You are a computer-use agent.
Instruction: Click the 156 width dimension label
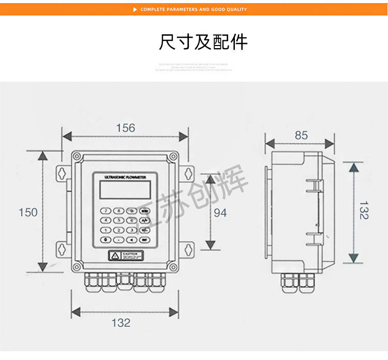(125, 128)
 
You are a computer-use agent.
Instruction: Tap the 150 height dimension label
(28, 212)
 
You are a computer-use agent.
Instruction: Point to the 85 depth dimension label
(301, 135)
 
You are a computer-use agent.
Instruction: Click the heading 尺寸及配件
(203, 42)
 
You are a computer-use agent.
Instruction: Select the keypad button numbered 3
(131, 230)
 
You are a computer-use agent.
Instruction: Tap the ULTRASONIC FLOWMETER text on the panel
(126, 177)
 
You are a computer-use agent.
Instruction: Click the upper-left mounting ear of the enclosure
(61, 172)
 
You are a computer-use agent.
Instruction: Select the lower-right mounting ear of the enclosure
(188, 249)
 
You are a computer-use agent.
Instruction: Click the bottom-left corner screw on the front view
(77, 267)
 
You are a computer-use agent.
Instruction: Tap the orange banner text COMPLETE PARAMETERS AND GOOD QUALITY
(193, 9)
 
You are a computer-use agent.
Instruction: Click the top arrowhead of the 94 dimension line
(210, 179)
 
